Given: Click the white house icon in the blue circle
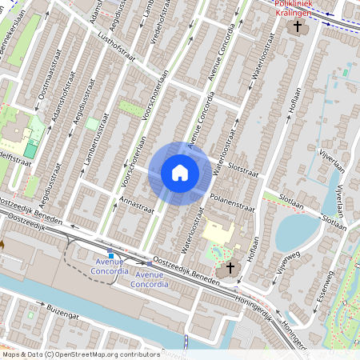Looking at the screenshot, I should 179,173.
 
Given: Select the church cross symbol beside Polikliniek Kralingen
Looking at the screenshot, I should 298,27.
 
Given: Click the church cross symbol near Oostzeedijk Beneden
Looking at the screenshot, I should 231,267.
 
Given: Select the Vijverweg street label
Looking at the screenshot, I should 286,262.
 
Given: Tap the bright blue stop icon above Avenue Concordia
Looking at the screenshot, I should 110,255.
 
